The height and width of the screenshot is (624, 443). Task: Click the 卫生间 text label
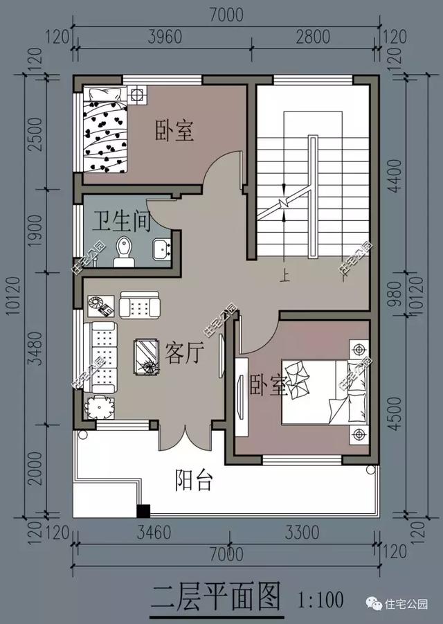pyautogui.click(x=122, y=221)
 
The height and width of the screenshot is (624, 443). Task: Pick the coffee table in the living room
pyautogui.click(x=146, y=357)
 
